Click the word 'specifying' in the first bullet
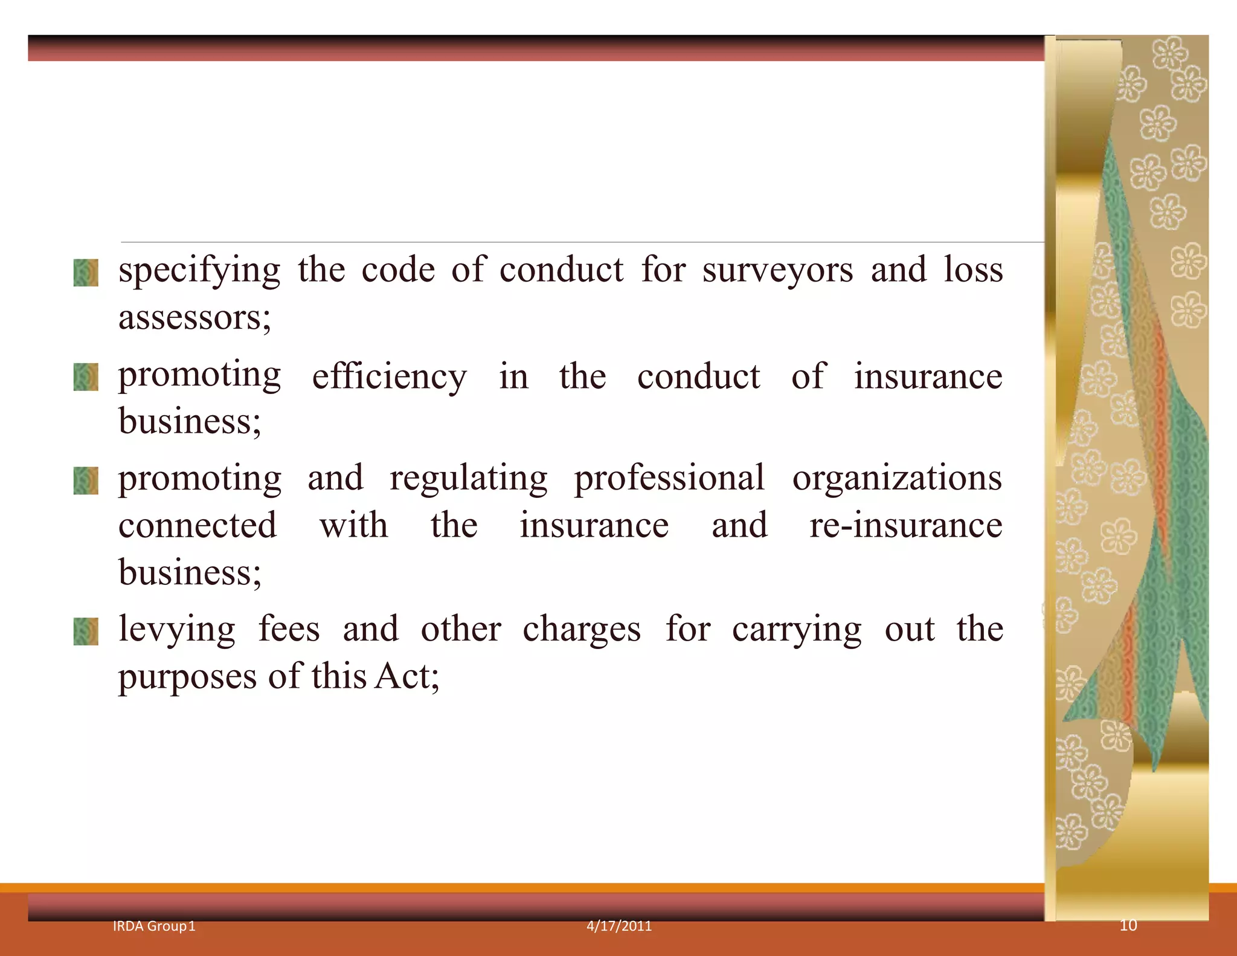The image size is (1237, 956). tap(199, 271)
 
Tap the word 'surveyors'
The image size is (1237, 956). tap(777, 270)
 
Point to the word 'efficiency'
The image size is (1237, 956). tap(389, 378)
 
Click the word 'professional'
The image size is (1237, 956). tap(669, 479)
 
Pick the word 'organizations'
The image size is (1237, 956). tap(897, 479)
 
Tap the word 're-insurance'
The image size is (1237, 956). tap(905, 525)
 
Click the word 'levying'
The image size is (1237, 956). tap(177, 630)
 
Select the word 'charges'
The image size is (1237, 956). tap(581, 629)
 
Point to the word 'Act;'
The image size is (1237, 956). tap(406, 676)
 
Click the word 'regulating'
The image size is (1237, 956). tap(469, 479)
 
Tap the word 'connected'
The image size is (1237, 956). tap(198, 525)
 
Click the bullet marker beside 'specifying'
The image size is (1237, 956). tap(86, 273)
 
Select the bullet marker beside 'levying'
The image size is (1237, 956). tap(86, 631)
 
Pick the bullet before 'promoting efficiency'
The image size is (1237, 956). tap(86, 377)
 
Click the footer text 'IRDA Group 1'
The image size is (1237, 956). tap(154, 926)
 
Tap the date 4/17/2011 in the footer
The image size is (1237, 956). tap(619, 926)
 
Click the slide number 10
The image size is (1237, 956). tap(1128, 925)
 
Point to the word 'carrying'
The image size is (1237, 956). tap(797, 630)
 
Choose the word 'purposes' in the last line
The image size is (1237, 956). tap(187, 677)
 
